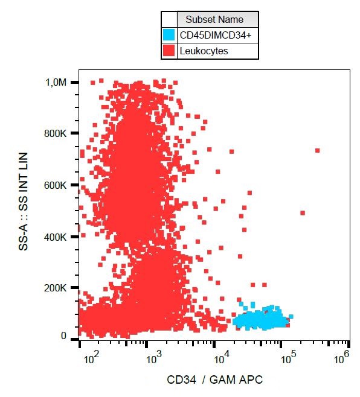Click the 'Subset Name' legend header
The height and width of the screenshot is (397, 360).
214,19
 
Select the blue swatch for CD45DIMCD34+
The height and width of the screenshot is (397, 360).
169,35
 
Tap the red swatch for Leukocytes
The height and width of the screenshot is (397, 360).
169,51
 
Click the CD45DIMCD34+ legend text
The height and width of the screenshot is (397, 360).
216,35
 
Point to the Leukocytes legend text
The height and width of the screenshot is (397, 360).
204,51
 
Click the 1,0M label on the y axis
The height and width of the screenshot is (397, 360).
56,82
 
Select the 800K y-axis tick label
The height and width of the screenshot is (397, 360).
55,133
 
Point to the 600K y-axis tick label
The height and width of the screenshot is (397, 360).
55,185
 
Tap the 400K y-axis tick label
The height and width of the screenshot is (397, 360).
55,237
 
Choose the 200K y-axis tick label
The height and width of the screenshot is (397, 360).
55,288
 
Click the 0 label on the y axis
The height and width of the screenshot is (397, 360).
63,335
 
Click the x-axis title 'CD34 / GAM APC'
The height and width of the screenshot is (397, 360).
215,380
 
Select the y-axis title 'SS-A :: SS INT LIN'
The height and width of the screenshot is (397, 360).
23,202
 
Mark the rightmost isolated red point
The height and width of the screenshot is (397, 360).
317,151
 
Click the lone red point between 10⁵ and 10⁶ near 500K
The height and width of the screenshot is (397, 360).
303,213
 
